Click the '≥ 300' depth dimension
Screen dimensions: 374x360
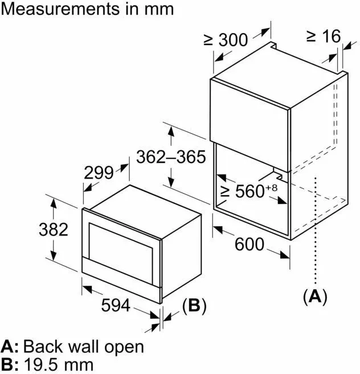coord(226,40)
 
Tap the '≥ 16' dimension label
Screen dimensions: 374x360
coord(323,36)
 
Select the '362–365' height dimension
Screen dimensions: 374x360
coord(170,157)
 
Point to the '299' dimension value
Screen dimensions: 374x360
coord(99,173)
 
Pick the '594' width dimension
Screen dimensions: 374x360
coord(116,306)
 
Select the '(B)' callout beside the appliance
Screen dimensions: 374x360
coord(193,306)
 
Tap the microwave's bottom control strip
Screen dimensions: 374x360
coord(120,282)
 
